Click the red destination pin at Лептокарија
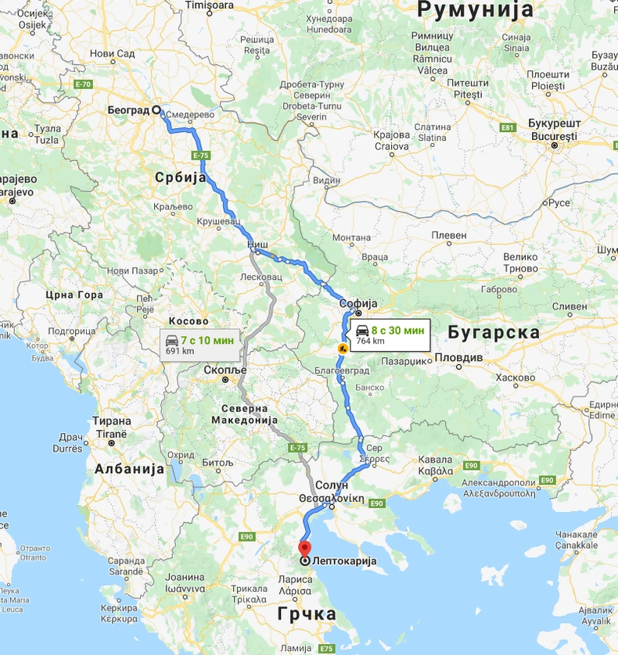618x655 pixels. point(304,549)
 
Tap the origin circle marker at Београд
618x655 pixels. point(156,110)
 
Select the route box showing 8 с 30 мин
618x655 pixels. point(388,335)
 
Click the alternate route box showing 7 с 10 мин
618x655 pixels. point(199,345)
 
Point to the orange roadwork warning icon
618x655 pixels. point(342,348)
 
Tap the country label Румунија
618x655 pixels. point(475,10)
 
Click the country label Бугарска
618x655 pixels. point(494,332)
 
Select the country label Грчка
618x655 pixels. point(308,614)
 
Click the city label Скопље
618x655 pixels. point(225,369)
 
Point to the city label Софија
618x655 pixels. point(359,303)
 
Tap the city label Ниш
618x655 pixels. point(257,245)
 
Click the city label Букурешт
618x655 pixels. point(552,125)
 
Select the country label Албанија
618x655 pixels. point(129,469)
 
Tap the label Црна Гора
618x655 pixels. point(74,295)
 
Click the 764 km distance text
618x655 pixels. point(370,341)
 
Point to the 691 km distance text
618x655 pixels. point(180,351)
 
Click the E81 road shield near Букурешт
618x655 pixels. point(508,127)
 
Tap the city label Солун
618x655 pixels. point(332,485)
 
